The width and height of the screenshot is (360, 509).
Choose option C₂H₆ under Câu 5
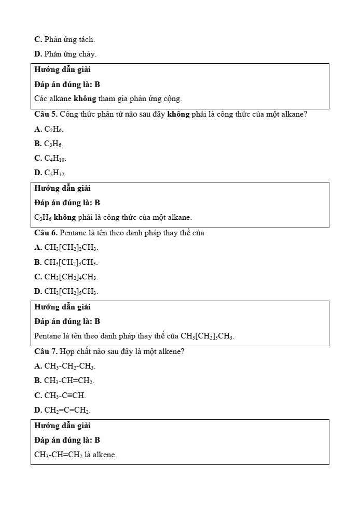(x=53, y=129)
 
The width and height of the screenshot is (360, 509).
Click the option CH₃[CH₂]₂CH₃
(x=71, y=248)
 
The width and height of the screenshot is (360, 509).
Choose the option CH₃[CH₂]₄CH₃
(x=71, y=277)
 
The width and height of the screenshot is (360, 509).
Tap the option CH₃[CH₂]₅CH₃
(x=71, y=291)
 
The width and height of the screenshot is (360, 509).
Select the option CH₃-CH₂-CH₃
(x=70, y=366)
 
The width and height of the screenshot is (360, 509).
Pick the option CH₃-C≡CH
(x=65, y=395)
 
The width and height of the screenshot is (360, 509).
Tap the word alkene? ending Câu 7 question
(x=171, y=351)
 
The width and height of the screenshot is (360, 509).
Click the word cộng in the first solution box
(x=172, y=98)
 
